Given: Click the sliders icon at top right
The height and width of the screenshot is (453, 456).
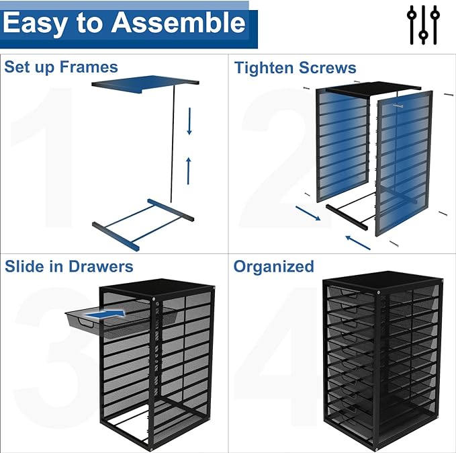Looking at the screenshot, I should [423, 24].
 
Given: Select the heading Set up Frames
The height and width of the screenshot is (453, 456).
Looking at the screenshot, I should [60, 67].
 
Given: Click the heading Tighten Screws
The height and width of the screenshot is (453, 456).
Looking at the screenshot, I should [295, 68].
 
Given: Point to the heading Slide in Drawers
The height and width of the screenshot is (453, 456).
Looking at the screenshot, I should [69, 266].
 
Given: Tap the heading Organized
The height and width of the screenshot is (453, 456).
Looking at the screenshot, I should [273, 266].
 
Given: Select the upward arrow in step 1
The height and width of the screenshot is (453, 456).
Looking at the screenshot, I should [188, 169].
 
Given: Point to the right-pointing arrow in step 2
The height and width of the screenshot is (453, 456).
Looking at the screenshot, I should [307, 214].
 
